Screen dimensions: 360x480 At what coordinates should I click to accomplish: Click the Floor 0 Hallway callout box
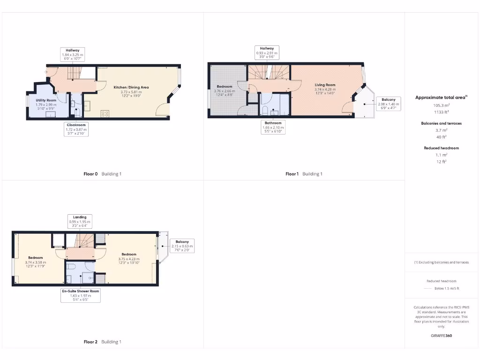72,55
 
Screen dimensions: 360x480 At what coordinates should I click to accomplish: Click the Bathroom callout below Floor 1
272,127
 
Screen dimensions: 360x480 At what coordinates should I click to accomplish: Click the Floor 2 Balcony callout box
182,246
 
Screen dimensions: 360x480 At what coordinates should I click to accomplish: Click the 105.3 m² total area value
441,106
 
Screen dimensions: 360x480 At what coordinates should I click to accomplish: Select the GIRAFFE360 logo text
441,336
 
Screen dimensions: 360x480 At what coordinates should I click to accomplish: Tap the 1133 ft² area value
441,112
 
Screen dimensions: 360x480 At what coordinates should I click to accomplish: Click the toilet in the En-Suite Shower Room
71,266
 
